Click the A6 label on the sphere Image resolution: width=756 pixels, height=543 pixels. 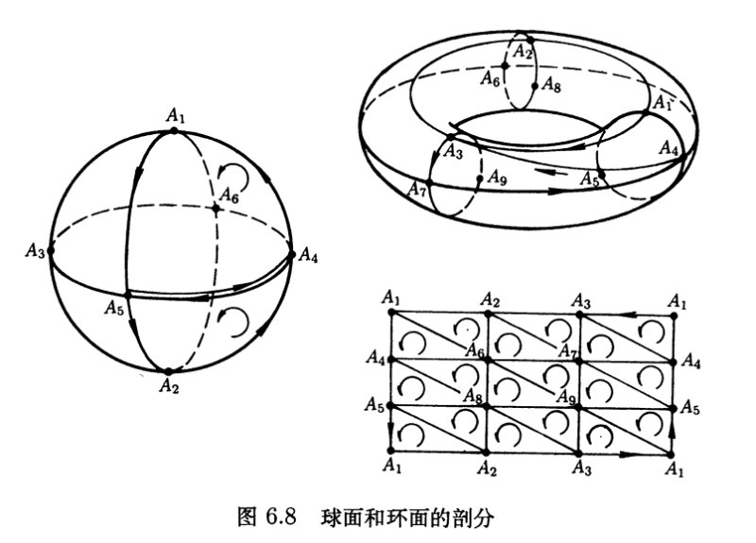tap(229, 195)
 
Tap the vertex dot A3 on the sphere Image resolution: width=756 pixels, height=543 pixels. tap(51, 250)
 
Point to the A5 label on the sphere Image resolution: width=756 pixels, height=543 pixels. tap(113, 308)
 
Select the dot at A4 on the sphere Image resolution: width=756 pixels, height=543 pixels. tap(291, 254)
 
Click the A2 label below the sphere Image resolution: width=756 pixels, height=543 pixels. tap(169, 385)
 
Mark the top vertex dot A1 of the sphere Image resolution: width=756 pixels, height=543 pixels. tap(174, 130)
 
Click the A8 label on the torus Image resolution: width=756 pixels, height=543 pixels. tap(551, 85)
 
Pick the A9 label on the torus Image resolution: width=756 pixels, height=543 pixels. tap(497, 178)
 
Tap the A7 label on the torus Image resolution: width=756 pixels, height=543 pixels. tap(418, 189)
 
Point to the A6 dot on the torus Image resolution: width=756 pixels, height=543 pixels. tap(506, 66)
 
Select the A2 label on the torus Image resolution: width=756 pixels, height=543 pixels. tap(523, 51)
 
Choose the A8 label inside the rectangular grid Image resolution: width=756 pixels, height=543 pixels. tap(473, 396)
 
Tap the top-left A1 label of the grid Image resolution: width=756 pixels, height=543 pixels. tap(391, 297)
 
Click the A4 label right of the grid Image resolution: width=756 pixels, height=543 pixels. tap(691, 361)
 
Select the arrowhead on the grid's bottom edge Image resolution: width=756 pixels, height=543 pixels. tap(627, 454)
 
